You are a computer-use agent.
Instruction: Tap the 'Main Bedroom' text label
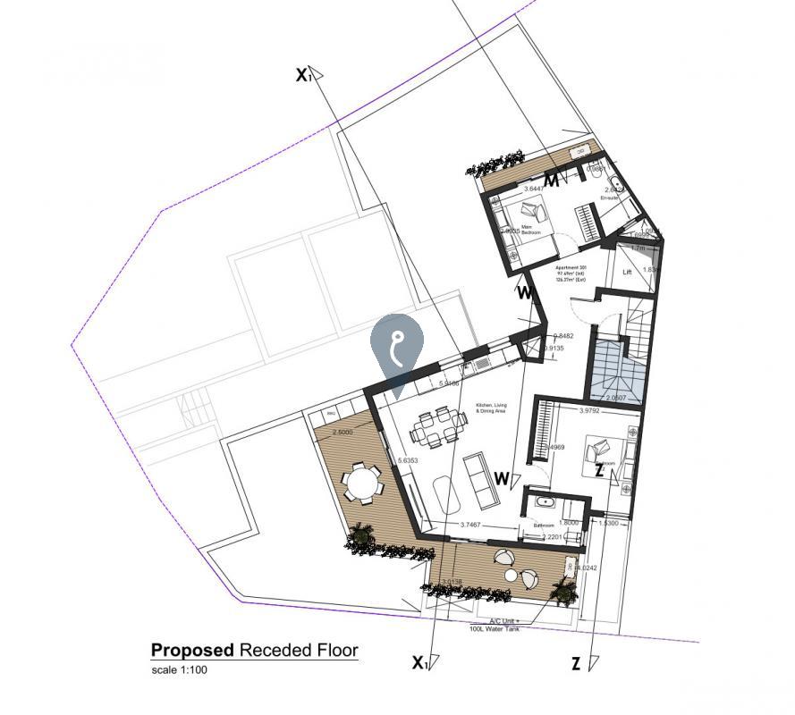[533, 230]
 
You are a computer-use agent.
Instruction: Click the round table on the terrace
[362, 484]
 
